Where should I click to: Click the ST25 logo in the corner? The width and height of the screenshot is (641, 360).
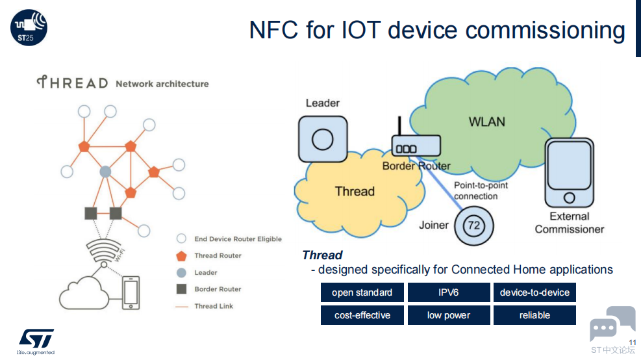(29, 27)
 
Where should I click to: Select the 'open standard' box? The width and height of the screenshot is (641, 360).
(362, 292)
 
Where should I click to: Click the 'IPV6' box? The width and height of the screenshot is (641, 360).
(449, 292)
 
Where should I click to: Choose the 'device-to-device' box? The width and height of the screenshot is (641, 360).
(534, 292)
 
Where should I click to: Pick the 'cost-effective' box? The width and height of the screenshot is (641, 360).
(362, 315)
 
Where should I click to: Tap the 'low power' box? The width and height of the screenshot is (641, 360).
(449, 315)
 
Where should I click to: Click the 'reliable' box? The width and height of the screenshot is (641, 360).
(534, 315)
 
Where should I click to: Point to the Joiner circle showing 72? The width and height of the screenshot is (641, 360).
(474, 225)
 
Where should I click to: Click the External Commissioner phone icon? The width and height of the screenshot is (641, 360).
(569, 173)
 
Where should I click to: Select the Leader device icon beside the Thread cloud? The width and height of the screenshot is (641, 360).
(323, 139)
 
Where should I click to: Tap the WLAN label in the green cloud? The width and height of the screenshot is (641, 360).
(487, 122)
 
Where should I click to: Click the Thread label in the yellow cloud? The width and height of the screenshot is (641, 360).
(355, 191)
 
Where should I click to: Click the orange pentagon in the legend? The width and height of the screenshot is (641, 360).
(181, 256)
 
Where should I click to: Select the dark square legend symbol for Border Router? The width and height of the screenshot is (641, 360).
(181, 289)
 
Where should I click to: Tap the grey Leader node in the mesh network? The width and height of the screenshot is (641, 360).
(105, 172)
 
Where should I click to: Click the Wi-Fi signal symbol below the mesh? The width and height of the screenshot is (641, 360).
(103, 251)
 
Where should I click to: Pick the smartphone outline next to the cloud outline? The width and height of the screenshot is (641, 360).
(131, 292)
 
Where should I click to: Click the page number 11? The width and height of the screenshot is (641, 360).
(633, 342)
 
